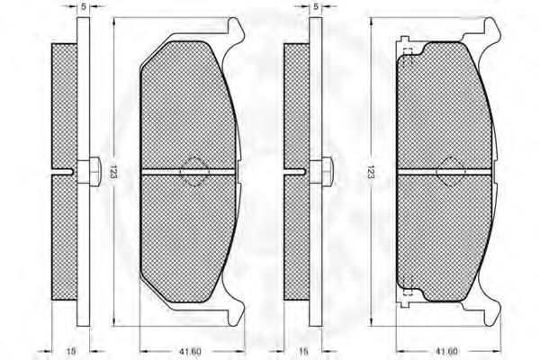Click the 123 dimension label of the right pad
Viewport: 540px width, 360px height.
pyautogui.click(x=371, y=172)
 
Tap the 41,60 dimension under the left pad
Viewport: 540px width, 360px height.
pyautogui.click(x=191, y=351)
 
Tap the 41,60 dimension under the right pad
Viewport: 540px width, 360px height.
pyautogui.click(x=447, y=351)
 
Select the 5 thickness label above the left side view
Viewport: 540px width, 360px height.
pyautogui.click(x=84, y=6)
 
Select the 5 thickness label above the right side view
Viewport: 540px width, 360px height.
pyautogui.click(x=316, y=6)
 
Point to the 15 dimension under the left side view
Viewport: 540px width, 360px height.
pyautogui.click(x=70, y=351)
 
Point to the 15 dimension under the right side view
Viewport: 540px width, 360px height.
pyautogui.click(x=303, y=351)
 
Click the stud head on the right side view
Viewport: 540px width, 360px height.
pyautogui.click(x=328, y=172)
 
